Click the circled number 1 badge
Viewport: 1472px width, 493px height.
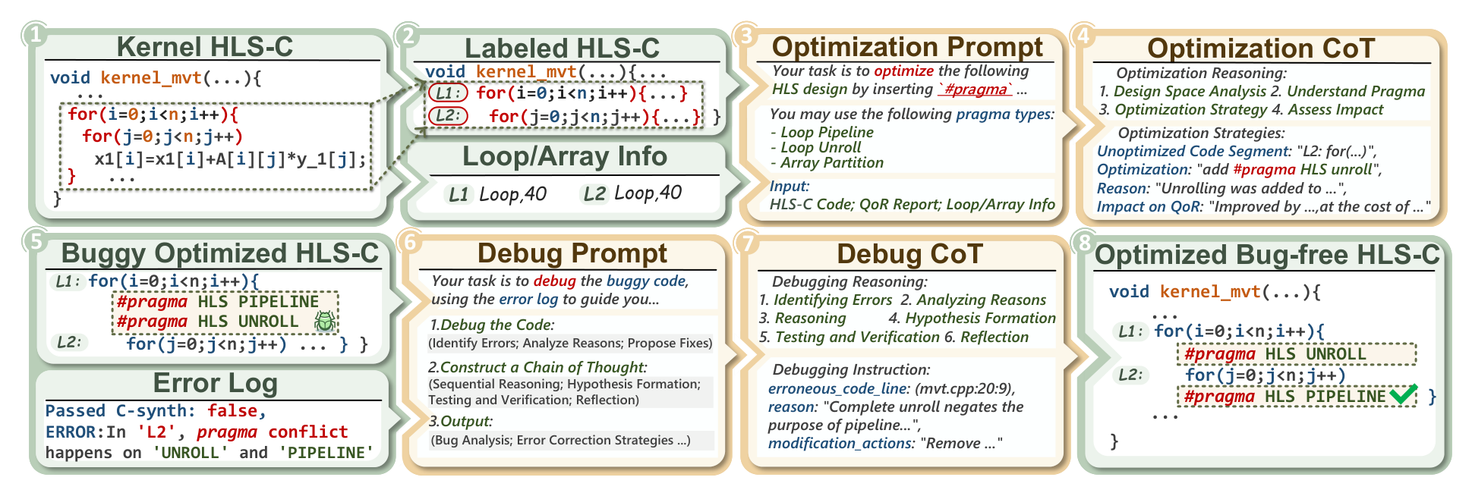(x=34, y=35)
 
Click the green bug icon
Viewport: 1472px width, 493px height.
(x=325, y=321)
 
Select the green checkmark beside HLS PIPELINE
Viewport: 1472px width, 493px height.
(x=1404, y=395)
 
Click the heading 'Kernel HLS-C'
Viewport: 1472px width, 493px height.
(x=205, y=46)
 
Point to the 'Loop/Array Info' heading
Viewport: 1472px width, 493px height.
(x=565, y=156)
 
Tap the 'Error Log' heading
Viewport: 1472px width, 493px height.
(x=216, y=383)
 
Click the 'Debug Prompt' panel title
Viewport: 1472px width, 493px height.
(x=572, y=253)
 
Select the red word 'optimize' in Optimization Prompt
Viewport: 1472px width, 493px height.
(x=904, y=71)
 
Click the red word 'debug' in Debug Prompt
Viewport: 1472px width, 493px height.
(x=554, y=281)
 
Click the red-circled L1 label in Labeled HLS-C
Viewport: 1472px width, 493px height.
(x=448, y=93)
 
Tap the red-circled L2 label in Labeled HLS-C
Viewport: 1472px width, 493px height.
(x=448, y=116)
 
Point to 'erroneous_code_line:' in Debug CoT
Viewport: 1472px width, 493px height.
(x=839, y=388)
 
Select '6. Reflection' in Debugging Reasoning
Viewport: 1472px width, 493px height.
(x=986, y=337)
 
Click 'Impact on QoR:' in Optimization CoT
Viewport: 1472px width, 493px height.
(x=1150, y=206)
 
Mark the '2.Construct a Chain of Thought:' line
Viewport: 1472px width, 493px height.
(x=537, y=367)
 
